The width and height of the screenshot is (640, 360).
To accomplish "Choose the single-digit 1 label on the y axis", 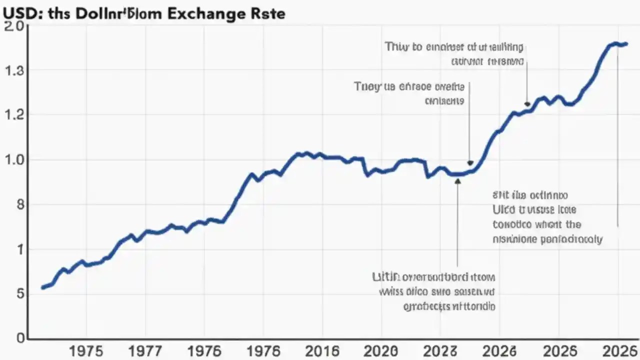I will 20,249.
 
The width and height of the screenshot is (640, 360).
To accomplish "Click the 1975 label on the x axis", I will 86,350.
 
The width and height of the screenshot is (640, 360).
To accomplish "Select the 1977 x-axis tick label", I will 145,350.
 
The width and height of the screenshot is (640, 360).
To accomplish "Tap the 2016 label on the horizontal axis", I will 322,350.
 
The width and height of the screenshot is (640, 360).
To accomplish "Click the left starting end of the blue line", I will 43,287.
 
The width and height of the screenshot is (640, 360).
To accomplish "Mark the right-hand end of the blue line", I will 625,44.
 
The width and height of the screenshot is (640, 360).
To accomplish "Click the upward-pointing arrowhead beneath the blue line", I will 457,181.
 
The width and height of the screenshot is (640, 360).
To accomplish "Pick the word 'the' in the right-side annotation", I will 572,224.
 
